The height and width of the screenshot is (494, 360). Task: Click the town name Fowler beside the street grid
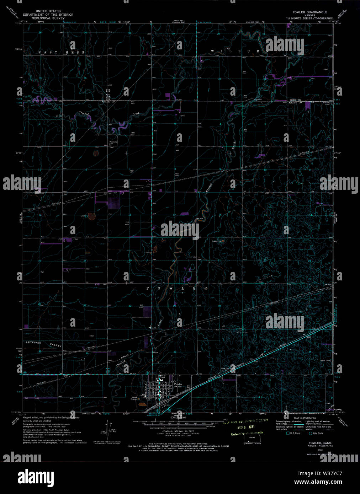click(x=178, y=384)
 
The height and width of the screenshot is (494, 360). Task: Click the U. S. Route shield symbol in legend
click(x=288, y=433)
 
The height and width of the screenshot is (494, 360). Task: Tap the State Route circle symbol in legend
click(x=310, y=433)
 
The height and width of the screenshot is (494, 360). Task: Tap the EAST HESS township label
click(x=62, y=52)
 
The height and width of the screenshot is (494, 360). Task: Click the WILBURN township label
click(x=240, y=51)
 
